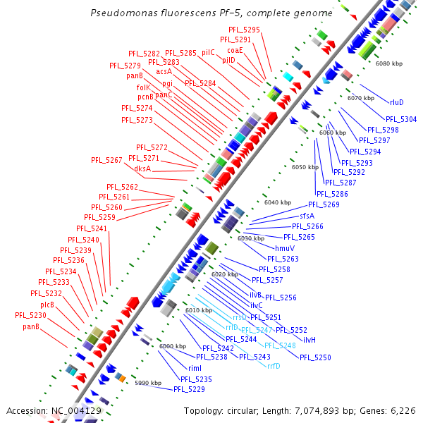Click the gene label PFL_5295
[245, 30]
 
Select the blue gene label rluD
[396, 102]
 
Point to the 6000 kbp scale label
[172, 346]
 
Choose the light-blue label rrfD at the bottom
[274, 365]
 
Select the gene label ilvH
[309, 340]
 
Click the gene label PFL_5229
[189, 388]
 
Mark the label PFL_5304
[401, 119]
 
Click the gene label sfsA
[307, 215]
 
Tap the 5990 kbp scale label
[148, 383]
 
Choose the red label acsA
[164, 71]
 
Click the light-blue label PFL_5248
[280, 345]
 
